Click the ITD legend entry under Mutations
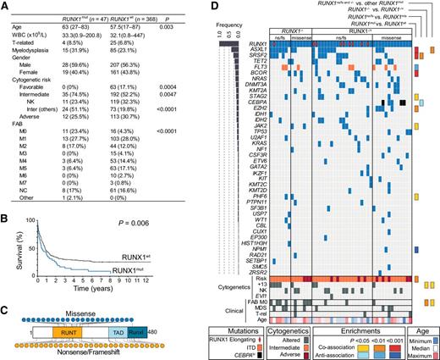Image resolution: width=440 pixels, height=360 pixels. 254,346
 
